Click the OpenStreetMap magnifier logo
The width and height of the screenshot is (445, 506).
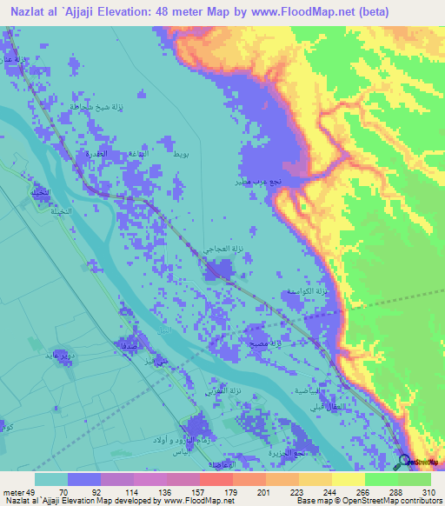(x=404, y=462)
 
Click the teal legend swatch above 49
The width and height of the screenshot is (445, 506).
(x=51, y=479)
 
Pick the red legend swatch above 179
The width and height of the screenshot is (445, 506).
(x=215, y=479)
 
